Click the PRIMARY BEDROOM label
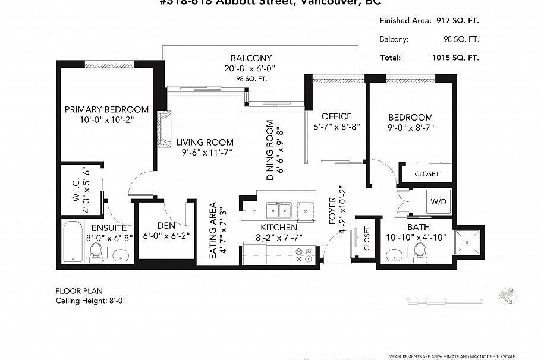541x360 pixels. point(106,109)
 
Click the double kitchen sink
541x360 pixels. point(278,210)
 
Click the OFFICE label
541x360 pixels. point(336,116)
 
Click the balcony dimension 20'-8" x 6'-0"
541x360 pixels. point(251,68)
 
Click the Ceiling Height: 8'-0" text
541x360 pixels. point(91,301)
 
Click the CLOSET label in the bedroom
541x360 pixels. point(426,174)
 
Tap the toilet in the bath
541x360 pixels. point(420,252)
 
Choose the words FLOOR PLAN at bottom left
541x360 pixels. point(79,291)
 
